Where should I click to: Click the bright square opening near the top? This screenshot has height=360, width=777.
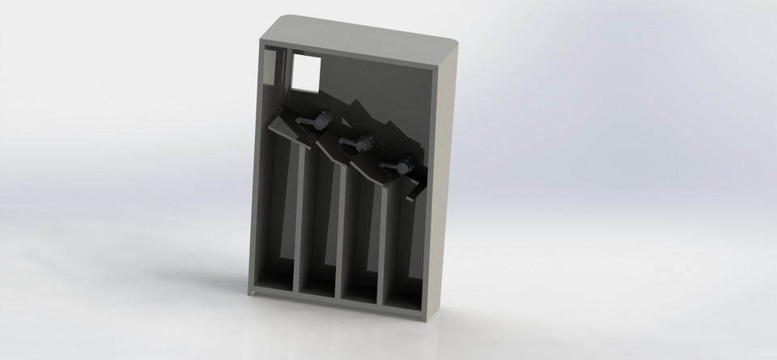coord(305,73)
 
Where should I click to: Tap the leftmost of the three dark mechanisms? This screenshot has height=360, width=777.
coord(314,121)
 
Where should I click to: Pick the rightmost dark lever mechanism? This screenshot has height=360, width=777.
coord(400,167)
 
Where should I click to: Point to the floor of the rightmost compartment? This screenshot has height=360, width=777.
coord(402,303)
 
